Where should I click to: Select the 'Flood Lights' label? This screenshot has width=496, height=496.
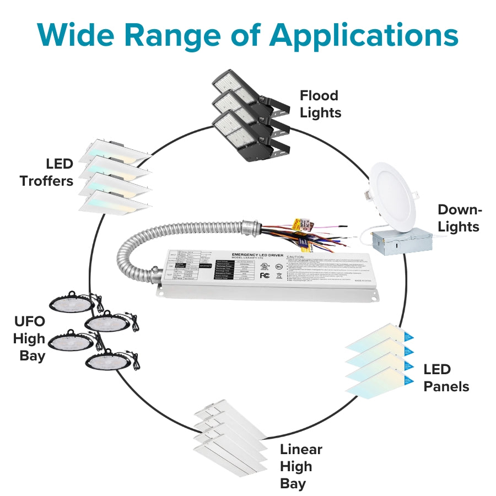click(320, 104)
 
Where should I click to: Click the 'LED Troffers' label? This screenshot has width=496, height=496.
click(47, 172)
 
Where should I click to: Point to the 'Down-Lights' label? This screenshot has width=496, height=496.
click(459, 218)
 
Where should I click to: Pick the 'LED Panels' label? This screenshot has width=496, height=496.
click(446, 378)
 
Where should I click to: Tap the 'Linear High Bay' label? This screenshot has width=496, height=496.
click(300, 466)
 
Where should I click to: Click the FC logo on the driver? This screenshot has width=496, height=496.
click(265, 275)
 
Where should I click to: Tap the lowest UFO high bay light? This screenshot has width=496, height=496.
click(107, 362)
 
